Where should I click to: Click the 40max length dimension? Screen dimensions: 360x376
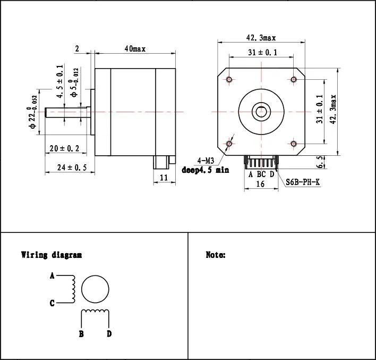coord(135,49)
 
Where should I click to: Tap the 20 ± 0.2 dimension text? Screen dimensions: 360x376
coord(64,149)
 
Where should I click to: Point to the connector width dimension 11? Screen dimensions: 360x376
coord(164,178)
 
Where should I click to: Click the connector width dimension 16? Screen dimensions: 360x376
coord(260,184)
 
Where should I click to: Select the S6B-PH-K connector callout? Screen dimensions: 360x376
coord(303,182)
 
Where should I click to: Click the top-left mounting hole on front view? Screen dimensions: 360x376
coord(229,80)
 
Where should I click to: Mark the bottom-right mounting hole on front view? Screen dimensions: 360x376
coord(294,144)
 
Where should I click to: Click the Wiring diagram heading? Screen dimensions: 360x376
coord(51,255)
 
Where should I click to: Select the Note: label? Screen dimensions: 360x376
coord(216,255)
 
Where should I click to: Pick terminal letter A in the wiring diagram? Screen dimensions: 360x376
coord(52,276)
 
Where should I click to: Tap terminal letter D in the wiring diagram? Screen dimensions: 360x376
coord(109,334)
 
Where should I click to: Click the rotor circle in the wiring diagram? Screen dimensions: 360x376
coord(96,290)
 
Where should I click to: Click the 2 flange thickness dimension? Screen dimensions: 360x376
coord(77,49)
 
